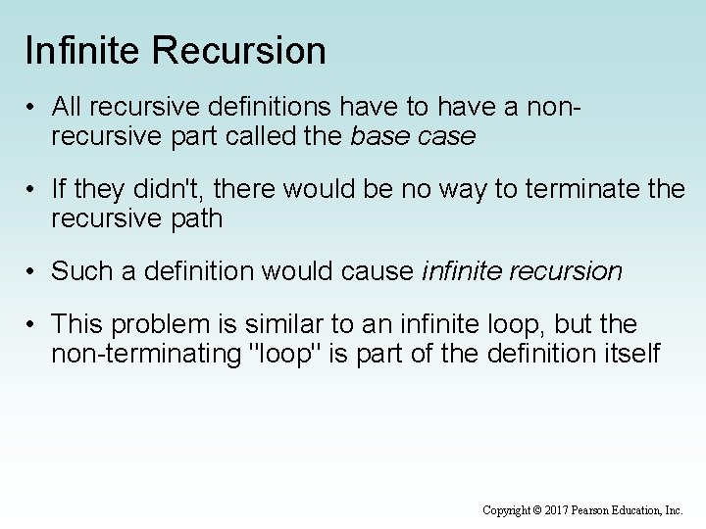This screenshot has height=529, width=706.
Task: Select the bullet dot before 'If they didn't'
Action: click(x=33, y=189)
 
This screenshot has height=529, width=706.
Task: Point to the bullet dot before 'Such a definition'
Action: click(x=33, y=269)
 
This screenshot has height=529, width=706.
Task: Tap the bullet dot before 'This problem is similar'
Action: click(x=33, y=323)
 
